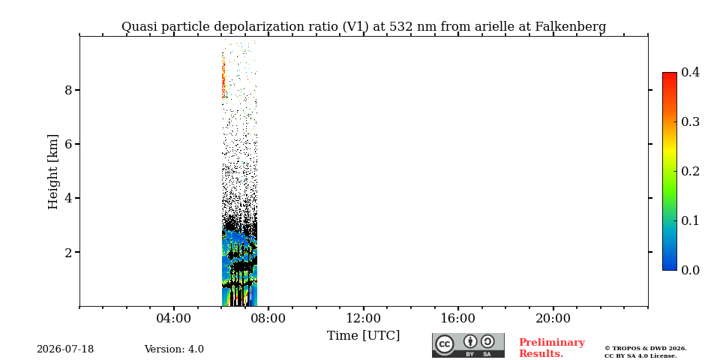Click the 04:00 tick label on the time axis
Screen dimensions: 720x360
click(174, 319)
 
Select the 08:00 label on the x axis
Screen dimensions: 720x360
click(268, 319)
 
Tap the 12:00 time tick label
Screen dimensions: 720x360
click(363, 319)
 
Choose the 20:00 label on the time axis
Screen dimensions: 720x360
click(553, 319)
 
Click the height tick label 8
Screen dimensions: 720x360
click(68, 90)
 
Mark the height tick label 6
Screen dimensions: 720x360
click(68, 144)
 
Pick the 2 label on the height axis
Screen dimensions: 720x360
click(68, 252)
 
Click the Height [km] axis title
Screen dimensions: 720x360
click(53, 172)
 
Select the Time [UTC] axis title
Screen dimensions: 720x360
click(363, 336)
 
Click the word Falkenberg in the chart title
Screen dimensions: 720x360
click(570, 27)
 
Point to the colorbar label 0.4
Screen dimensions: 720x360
click(690, 72)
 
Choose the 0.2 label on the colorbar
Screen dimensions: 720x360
click(690, 171)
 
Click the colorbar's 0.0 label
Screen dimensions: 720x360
click(690, 270)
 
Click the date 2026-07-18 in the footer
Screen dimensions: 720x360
click(65, 349)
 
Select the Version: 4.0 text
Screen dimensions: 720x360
click(174, 349)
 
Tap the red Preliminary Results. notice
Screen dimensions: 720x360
click(552, 348)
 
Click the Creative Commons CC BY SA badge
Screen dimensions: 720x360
click(468, 345)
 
